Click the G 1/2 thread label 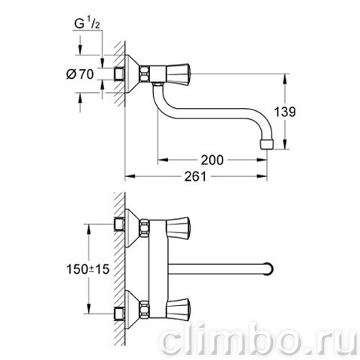pos(88,24)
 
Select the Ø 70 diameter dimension pos(80,74)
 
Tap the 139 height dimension pos(285,112)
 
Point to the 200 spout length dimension pos(212,160)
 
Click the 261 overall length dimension pos(196,176)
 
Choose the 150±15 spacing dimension pos(88,269)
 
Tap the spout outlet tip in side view pos(267,145)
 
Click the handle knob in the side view pos(178,74)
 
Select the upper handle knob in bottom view pos(178,228)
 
